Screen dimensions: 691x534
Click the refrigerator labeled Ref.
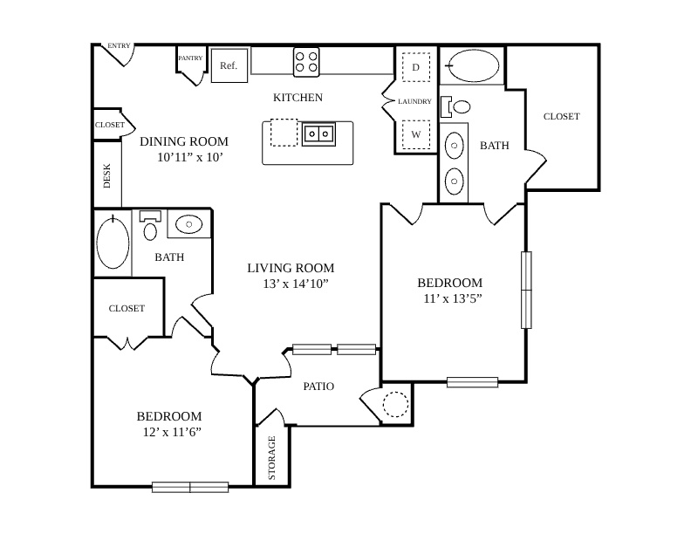coord(229,65)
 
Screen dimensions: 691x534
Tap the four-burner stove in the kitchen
coord(306,62)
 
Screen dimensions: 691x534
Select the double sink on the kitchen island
coord(318,133)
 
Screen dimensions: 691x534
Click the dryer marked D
coord(415,67)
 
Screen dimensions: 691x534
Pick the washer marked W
coord(415,134)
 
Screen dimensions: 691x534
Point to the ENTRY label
coord(119,46)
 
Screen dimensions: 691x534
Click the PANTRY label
coord(190,58)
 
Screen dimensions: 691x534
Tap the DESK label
coord(107,176)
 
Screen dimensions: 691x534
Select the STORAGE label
coord(272,458)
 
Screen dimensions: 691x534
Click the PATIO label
coord(318,387)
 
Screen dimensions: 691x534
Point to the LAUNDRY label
coord(414,101)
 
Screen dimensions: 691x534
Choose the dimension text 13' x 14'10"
coord(296,284)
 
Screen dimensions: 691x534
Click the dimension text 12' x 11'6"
coord(172,432)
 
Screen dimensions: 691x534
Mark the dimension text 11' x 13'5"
coord(453,298)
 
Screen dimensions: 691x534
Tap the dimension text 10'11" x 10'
coord(190,157)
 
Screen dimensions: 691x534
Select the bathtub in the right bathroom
coord(473,65)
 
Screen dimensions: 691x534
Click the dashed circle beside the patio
coord(395,404)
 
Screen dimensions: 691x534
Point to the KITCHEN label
coord(298,98)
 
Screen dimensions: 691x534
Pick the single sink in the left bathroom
coord(189,224)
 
